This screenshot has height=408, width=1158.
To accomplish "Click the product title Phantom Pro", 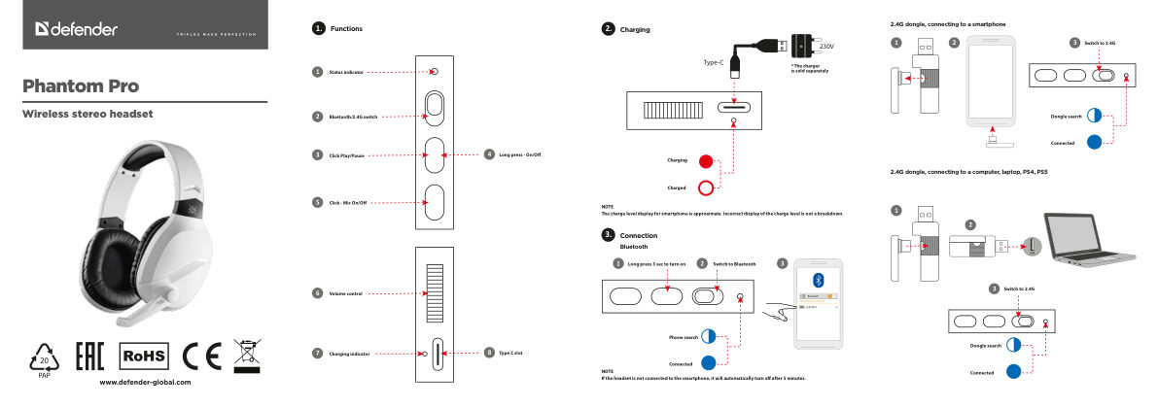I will click(x=82, y=85).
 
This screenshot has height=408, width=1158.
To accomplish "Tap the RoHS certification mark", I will click(x=144, y=357).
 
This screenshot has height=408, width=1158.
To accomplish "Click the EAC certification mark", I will click(x=90, y=357).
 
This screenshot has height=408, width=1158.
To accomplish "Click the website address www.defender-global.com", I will click(x=146, y=382).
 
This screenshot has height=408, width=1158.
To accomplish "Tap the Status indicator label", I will click(x=346, y=72).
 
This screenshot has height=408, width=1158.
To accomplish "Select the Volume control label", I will click(x=345, y=292).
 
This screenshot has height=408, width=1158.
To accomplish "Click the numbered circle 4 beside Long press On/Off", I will click(x=488, y=154).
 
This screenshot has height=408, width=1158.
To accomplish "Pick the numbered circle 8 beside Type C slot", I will click(x=488, y=352).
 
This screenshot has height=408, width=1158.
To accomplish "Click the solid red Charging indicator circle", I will click(x=706, y=160).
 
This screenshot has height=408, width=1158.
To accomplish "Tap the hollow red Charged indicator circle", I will click(x=706, y=187).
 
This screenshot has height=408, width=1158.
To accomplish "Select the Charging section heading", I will click(x=635, y=30).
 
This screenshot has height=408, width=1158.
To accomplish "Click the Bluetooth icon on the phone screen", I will click(x=818, y=279).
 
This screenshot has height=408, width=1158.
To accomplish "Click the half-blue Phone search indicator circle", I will click(x=708, y=336).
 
